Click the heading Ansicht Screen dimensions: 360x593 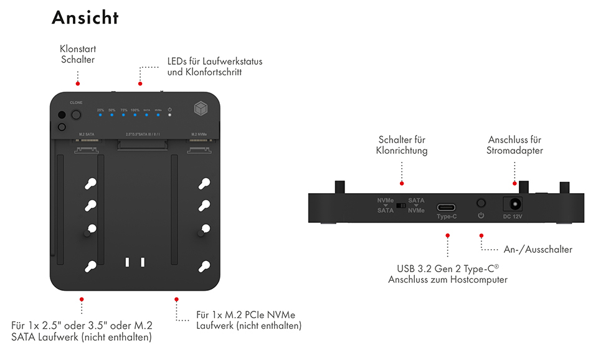click(85, 17)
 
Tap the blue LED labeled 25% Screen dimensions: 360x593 click(100, 115)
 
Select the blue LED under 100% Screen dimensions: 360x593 click(135, 115)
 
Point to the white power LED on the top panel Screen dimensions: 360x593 click(169, 115)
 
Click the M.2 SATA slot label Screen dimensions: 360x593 click(87, 134)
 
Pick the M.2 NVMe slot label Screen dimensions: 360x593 click(199, 134)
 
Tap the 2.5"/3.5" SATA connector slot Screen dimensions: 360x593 click(143, 146)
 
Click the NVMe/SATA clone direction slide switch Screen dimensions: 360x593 click(401, 205)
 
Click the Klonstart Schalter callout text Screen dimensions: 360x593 click(77, 54)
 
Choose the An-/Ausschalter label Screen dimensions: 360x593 click(538, 249)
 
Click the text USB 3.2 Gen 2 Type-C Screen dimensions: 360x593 click(447, 269)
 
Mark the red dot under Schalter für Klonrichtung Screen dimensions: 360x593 click(402, 183)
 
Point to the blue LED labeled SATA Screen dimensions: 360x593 click(147, 115)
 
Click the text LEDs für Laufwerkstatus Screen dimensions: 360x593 click(215, 62)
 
